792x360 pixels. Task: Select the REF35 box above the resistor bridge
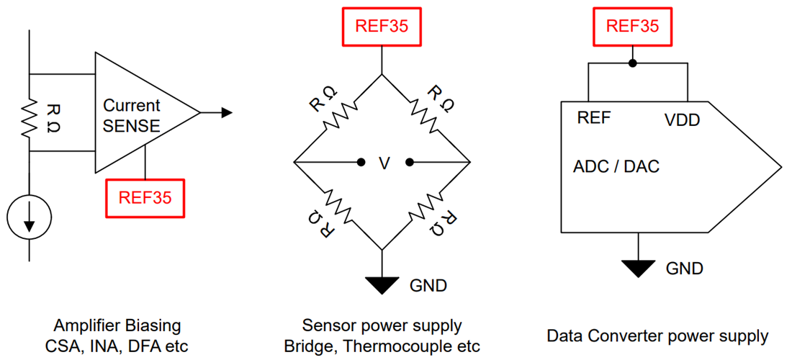tap(382, 27)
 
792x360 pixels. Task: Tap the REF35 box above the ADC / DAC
tap(632, 27)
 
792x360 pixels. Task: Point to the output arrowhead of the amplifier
tap(225, 112)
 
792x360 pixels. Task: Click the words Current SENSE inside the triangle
tap(132, 115)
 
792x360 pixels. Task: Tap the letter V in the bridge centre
tap(384, 163)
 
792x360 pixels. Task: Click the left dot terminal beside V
tap(360, 162)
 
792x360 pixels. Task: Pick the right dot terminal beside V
tap(408, 162)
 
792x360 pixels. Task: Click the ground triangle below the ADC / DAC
tap(639, 269)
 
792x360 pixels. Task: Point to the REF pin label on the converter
tap(594, 118)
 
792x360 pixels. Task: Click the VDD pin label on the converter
tap(681, 120)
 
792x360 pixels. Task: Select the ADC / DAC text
tap(616, 167)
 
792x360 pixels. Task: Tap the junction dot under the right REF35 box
tap(632, 63)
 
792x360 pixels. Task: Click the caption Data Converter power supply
tap(657, 336)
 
